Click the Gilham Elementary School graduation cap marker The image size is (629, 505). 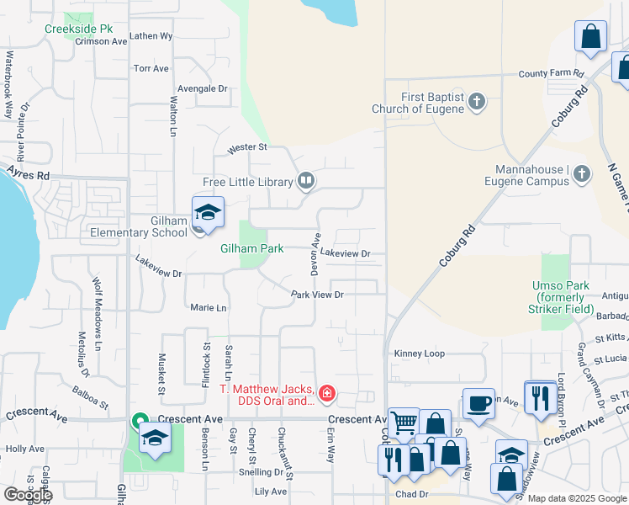pyautogui.click(x=208, y=213)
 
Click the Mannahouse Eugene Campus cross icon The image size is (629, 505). pyautogui.click(x=581, y=175)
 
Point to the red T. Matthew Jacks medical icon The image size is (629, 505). pyautogui.click(x=326, y=393)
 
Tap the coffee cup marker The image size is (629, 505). pyautogui.click(x=479, y=404)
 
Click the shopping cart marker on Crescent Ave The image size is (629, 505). pyautogui.click(x=404, y=423)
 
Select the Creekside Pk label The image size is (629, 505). pyautogui.click(x=78, y=28)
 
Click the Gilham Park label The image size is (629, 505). pyautogui.click(x=252, y=248)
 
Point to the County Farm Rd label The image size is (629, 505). pyautogui.click(x=551, y=74)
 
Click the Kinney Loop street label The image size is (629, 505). pyautogui.click(x=420, y=353)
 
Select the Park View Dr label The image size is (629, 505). pyautogui.click(x=318, y=295)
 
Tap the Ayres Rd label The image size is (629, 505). pyautogui.click(x=29, y=174)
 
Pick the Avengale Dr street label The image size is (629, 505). pyautogui.click(x=202, y=88)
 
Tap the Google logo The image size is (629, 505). pyautogui.click(x=27, y=495)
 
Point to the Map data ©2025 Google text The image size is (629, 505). pyautogui.click(x=577, y=498)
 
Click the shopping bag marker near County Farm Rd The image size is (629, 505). pyautogui.click(x=590, y=38)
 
